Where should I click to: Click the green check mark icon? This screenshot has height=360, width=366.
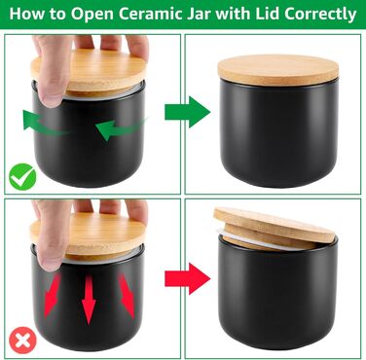click(x=22, y=177)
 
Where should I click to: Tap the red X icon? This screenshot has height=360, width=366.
click(x=22, y=341)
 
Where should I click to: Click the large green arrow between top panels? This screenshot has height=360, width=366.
click(x=188, y=112)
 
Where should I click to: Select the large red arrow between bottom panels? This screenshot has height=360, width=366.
click(x=188, y=278)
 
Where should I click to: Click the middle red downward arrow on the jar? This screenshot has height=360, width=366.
click(x=89, y=300)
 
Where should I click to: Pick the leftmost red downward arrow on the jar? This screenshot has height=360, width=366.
click(x=52, y=296)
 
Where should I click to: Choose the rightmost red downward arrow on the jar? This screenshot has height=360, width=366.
click(x=128, y=295)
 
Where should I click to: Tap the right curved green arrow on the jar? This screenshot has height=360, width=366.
click(x=121, y=128)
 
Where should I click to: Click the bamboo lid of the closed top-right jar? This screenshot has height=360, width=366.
click(x=278, y=70)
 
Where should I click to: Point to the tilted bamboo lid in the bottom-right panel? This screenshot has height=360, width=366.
click(x=274, y=229)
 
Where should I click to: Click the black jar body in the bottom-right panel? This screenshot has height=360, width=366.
click(x=277, y=295)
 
